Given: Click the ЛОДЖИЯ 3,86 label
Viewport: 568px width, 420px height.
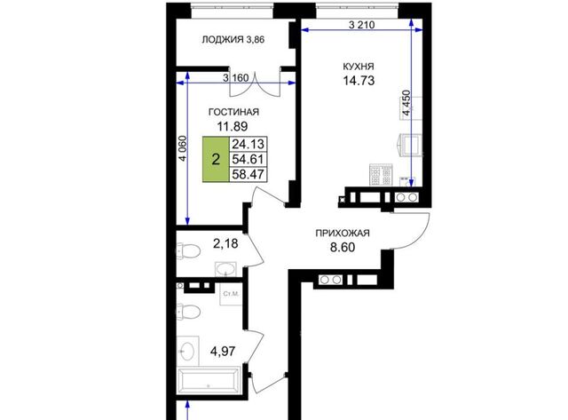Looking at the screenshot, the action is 233,39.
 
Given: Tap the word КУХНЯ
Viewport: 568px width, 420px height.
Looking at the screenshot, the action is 359,67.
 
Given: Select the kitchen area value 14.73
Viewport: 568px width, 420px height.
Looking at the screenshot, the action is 359,81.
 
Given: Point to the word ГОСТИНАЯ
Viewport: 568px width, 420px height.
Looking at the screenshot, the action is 233,112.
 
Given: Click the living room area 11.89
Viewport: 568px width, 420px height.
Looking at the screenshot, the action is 233,126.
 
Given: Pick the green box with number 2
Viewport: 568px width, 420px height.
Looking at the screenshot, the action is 216,159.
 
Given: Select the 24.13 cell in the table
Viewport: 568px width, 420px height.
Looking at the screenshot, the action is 248,144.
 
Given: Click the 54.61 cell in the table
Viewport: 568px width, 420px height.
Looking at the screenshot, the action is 248,159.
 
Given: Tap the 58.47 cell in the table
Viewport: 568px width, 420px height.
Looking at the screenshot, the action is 248,174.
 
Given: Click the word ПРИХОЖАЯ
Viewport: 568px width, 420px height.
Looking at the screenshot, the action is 343,233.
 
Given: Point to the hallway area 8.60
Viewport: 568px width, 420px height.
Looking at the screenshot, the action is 343,248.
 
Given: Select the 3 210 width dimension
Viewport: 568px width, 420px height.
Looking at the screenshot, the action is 361,25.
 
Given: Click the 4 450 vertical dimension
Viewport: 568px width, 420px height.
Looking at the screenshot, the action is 407,103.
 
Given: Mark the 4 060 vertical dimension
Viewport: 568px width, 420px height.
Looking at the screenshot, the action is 183,148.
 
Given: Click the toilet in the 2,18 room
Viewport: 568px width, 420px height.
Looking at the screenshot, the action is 188,250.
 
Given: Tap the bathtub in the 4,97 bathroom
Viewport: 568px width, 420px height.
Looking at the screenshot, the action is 209,380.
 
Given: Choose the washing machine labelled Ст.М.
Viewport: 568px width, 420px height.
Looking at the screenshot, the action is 231,294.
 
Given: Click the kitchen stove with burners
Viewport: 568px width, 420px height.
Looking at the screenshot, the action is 381,175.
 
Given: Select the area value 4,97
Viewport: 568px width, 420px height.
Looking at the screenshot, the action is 223,351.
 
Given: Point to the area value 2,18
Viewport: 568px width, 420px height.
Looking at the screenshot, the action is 225,244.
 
